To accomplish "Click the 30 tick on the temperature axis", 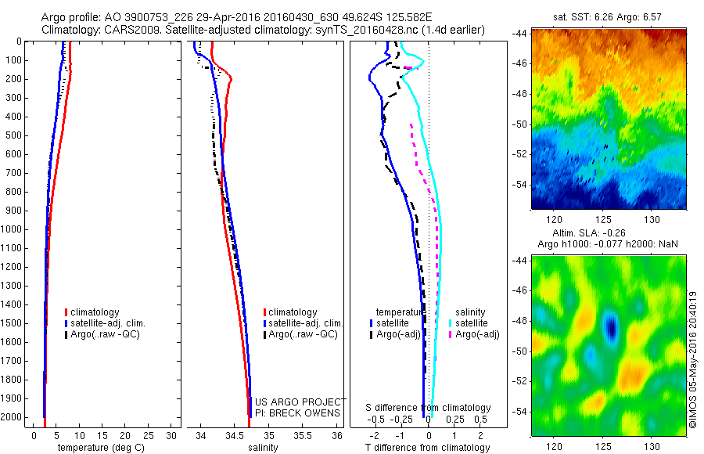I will (x=172, y=435).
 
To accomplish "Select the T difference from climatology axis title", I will (x=427, y=448).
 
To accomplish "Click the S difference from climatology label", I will (x=428, y=408).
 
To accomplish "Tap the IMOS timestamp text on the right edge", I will (x=693, y=360).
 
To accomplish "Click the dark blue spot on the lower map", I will (x=611, y=326).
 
